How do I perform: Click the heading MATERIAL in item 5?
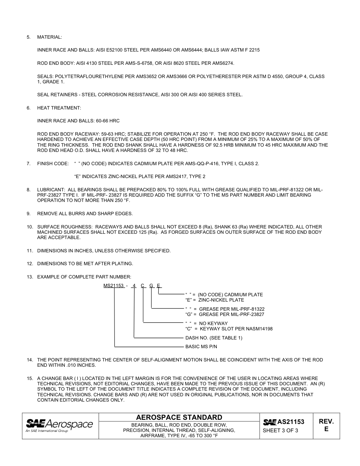tap(49, 37)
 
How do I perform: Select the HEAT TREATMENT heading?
tap(59, 108)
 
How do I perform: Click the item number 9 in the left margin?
tap(28, 214)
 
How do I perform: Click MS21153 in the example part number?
tap(114, 286)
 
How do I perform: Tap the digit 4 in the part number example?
tap(134, 286)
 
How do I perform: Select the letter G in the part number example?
tap(151, 286)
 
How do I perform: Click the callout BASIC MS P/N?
tap(201, 347)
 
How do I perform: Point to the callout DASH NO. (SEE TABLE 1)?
tap(213, 338)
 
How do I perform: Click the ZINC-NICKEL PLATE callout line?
tap(214, 300)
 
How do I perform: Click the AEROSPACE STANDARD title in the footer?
tap(179, 418)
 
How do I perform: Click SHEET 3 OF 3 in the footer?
tap(280, 430)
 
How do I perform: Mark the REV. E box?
tap(326, 425)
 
